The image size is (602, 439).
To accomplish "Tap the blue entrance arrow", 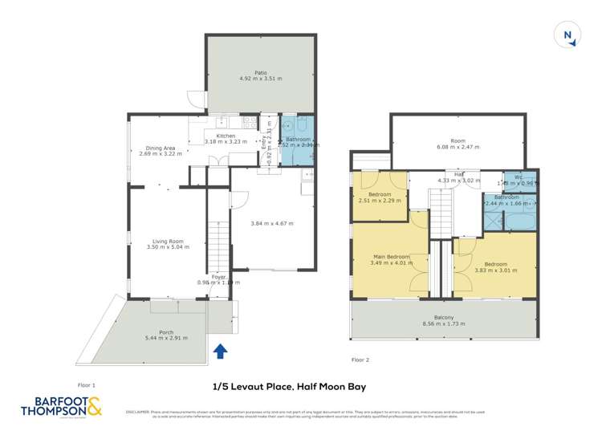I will tap(221, 350).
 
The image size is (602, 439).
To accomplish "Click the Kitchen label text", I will tap(226, 136).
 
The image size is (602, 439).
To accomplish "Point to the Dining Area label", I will tap(161, 148).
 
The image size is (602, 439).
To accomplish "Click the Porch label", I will tap(166, 332).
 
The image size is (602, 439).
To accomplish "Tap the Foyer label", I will tap(218, 277).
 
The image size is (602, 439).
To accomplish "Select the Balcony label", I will tap(444, 318).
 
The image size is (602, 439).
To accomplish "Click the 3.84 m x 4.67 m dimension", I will tap(273, 222).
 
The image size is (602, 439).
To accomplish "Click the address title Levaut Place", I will tap(289, 387).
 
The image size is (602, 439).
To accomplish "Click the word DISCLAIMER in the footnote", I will tap(138, 413).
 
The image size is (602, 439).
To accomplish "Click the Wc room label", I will tap(519, 177).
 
